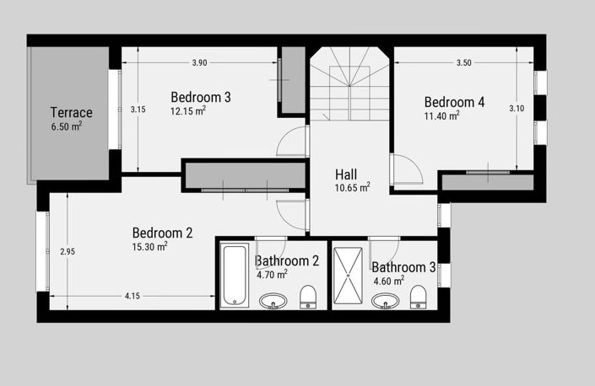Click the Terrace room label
(x=71, y=112)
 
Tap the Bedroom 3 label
(x=201, y=97)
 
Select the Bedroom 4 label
(x=454, y=102)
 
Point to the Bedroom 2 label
(x=162, y=233)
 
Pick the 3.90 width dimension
(x=199, y=63)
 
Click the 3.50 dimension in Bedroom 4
(x=464, y=63)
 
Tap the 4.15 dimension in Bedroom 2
(x=133, y=296)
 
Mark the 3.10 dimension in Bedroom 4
(x=517, y=109)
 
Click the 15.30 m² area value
(x=150, y=247)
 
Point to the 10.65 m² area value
(x=352, y=187)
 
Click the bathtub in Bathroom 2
(x=235, y=276)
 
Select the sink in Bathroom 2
(x=273, y=300)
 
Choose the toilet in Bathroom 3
(x=418, y=297)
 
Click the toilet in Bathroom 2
(x=308, y=297)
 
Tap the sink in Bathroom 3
(x=386, y=300)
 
